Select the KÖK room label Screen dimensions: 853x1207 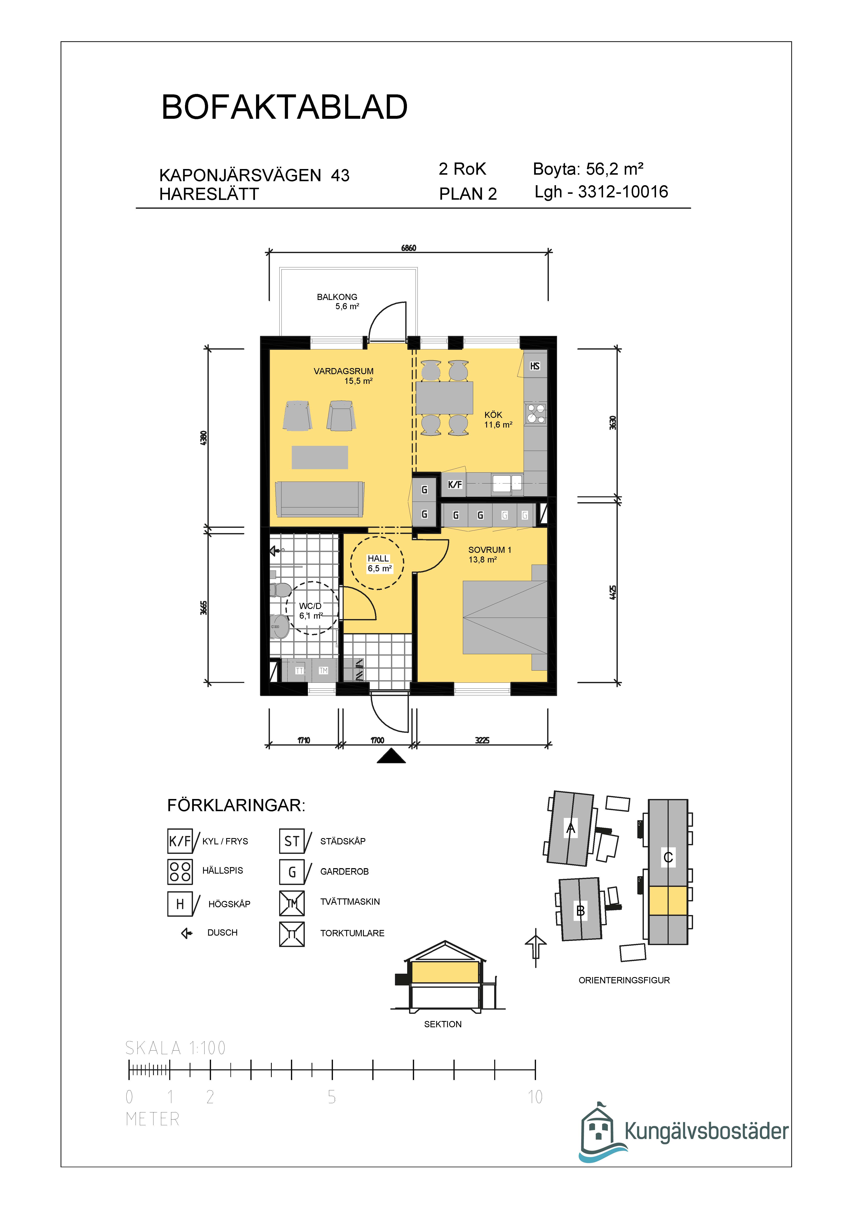click(493, 415)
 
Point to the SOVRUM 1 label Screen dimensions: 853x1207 click(489, 550)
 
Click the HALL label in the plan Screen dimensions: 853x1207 click(378, 558)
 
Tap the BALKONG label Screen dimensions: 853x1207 click(337, 297)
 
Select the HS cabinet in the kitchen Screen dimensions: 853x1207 click(535, 366)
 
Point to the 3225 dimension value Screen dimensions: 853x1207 click(482, 740)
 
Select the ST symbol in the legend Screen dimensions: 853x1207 click(292, 841)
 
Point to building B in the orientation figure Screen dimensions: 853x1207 click(581, 910)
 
